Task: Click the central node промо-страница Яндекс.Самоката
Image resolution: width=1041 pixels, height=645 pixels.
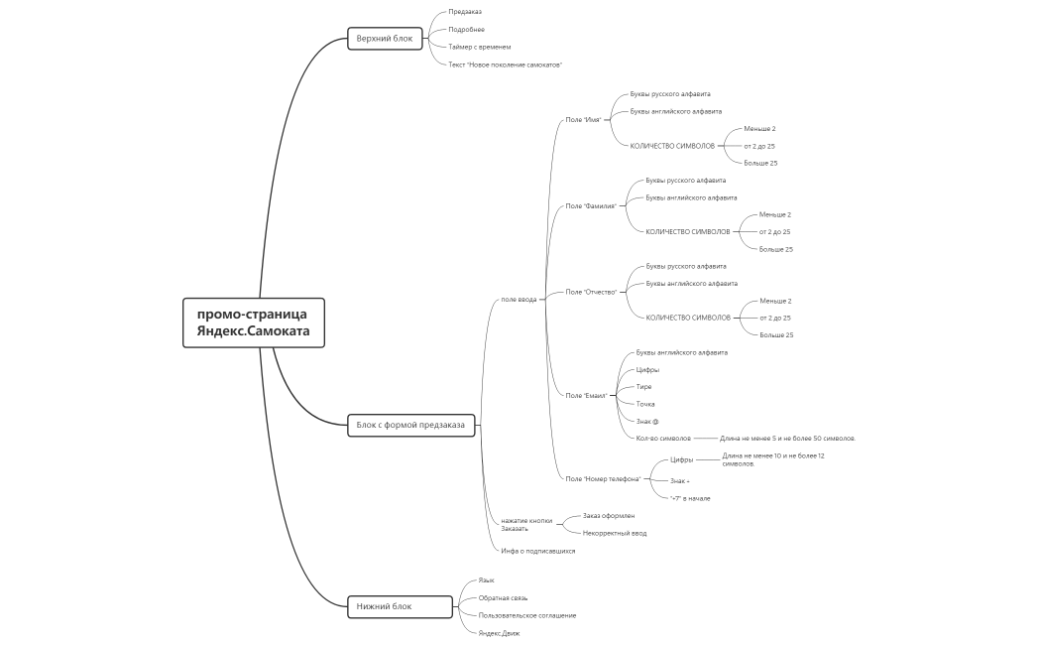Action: tap(254, 322)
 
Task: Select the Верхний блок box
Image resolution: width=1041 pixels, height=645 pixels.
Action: tap(385, 39)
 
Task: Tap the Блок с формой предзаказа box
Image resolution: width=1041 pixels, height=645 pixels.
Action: tap(410, 426)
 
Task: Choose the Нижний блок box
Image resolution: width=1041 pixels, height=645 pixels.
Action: tap(385, 606)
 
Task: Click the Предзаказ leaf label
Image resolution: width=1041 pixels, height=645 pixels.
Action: tap(465, 12)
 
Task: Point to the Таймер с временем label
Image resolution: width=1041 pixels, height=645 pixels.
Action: tap(479, 47)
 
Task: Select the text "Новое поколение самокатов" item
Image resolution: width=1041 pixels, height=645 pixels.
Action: tap(505, 64)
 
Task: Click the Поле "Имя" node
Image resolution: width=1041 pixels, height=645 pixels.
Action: tap(584, 120)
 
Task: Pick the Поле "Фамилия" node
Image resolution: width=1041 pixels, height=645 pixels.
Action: tap(591, 206)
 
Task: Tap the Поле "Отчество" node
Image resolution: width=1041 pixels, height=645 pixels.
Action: tap(591, 292)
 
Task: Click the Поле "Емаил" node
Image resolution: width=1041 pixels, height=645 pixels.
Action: tap(586, 395)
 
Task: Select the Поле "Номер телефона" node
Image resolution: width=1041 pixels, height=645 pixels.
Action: tap(603, 479)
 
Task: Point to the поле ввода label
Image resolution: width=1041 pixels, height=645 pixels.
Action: tap(519, 299)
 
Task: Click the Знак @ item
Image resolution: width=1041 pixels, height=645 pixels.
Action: tap(647, 421)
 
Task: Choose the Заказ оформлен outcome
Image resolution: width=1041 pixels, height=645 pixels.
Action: tap(608, 516)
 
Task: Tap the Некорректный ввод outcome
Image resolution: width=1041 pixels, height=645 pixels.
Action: tap(614, 533)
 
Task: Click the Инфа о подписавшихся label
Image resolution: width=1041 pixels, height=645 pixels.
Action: tap(537, 551)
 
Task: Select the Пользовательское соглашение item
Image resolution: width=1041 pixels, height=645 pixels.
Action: tap(526, 615)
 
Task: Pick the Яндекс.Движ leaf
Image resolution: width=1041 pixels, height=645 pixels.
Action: tap(499, 633)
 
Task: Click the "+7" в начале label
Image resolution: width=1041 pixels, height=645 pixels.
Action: tap(690, 498)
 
